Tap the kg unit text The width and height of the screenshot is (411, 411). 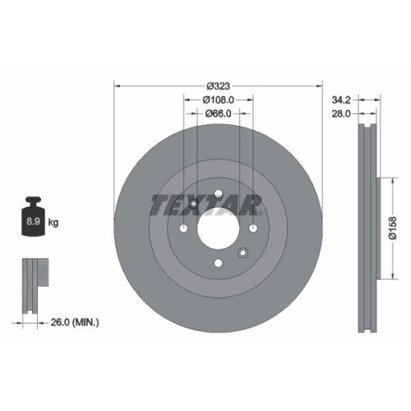pos(53,223)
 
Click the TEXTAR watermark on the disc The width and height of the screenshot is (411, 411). pos(205,204)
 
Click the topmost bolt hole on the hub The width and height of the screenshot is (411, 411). pos(219,195)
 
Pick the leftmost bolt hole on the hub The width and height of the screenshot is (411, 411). pos(184,229)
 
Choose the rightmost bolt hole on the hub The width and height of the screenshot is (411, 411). pos(253,229)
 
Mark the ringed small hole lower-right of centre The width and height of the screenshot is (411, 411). pos(243,253)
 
